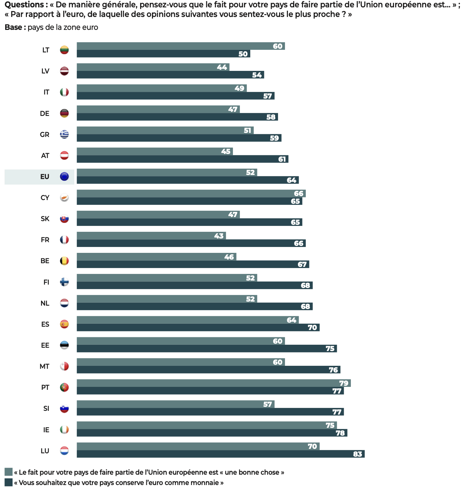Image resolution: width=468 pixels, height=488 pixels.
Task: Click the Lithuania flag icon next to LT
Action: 64,50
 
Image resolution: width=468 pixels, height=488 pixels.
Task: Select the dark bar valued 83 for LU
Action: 220,454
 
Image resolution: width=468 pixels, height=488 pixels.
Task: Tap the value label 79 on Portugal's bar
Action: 344,383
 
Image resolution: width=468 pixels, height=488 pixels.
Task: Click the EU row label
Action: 45,177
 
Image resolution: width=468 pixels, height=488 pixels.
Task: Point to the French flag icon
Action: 64,240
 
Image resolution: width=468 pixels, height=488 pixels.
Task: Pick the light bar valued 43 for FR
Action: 151,236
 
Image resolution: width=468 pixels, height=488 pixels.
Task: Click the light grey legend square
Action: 9,472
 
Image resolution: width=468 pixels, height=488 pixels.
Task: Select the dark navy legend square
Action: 9,482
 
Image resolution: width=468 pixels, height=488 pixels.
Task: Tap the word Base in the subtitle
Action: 13,27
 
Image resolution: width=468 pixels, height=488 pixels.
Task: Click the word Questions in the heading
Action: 24,5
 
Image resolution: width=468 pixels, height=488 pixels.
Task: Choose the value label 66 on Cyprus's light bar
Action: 299,193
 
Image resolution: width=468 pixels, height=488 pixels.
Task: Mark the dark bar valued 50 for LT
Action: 163,54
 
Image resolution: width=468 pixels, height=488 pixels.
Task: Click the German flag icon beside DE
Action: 64,113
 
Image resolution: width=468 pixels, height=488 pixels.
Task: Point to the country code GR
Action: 45,135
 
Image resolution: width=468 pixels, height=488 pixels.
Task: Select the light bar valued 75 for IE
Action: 207,425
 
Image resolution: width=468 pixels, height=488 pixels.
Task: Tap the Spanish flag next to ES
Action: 64,324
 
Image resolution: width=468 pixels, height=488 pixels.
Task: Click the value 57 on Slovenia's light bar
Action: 267,404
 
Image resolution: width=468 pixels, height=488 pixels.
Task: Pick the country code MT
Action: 45,367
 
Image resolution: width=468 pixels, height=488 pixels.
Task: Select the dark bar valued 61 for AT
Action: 182,159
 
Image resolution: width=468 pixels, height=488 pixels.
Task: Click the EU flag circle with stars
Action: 64,177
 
